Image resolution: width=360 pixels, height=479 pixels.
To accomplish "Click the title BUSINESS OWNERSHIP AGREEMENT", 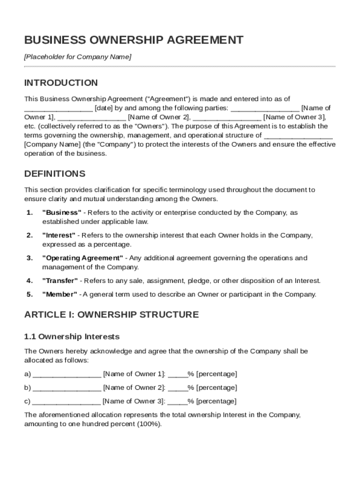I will [134, 40].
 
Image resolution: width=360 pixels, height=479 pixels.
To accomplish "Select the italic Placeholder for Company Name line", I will [78, 57].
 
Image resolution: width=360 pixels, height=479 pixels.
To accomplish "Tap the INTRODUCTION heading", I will [61, 83].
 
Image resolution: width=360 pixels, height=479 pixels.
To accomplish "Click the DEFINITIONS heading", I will [55, 174].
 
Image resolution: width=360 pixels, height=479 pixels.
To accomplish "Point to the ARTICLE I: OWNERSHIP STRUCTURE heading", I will [111, 315].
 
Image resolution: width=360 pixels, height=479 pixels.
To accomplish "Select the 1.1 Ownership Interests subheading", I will [72, 337].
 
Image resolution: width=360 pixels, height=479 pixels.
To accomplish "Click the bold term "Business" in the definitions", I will [62, 213].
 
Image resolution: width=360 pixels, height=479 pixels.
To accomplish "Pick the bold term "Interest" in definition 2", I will [59, 235].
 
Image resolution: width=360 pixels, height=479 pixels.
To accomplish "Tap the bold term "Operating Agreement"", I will [83, 258].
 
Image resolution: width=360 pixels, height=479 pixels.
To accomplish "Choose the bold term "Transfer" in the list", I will [60, 281].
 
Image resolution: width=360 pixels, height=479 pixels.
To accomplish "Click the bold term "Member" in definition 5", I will [59, 295].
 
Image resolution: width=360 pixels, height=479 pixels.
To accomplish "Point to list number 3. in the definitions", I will [29, 258].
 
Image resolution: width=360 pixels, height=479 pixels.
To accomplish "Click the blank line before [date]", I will [58, 109].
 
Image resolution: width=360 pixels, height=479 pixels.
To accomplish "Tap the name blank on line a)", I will [67, 374].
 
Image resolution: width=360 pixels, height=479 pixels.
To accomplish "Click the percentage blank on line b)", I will [178, 388].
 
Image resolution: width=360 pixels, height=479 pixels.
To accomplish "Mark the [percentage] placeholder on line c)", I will [216, 401].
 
